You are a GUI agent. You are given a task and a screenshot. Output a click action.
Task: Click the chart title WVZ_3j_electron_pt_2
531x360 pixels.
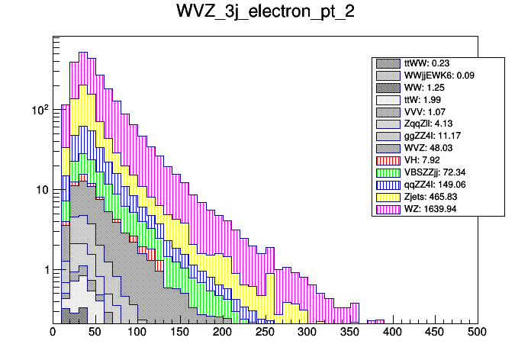coord(265,13)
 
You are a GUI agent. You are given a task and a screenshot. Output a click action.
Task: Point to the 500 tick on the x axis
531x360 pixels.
coord(477,333)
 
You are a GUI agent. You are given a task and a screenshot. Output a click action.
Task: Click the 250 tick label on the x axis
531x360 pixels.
coord(265,333)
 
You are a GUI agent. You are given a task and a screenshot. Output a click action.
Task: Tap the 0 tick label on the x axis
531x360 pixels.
coord(53,333)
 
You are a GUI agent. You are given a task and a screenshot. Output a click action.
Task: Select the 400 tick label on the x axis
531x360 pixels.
coord(392,333)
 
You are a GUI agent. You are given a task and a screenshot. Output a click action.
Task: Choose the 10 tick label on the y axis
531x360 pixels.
coord(41,190)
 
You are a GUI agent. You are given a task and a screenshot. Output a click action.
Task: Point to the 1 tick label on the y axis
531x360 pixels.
coord(44,270)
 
